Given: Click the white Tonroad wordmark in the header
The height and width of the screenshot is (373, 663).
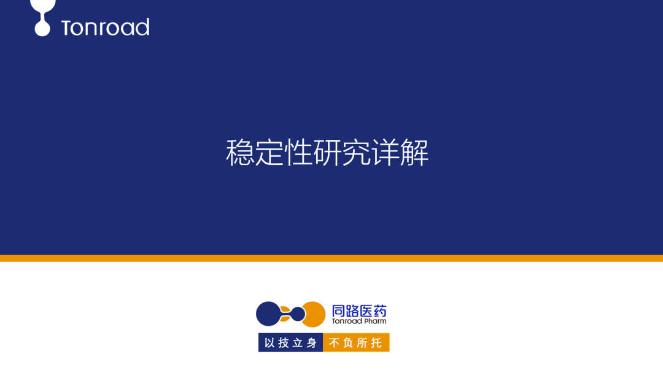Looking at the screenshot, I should (x=106, y=28).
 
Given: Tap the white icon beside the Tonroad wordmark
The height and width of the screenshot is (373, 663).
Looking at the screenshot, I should (x=42, y=17).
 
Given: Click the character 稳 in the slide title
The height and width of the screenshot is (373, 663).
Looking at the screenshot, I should (x=240, y=153).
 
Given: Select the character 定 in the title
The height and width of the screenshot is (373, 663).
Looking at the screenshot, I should (x=269, y=153).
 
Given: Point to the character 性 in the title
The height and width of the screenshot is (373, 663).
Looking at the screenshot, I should (x=298, y=153).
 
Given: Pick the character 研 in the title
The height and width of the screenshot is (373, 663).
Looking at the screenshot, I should (x=327, y=153).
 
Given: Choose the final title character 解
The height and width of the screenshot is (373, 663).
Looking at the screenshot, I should (x=414, y=153).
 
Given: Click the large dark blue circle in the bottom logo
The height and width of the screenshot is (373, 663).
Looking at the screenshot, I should (x=268, y=313).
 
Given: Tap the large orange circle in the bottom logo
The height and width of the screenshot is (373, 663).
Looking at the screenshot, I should (x=314, y=313).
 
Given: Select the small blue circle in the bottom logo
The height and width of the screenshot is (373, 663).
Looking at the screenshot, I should (x=297, y=313).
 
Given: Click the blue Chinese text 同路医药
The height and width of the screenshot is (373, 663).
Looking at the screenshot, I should (x=360, y=310).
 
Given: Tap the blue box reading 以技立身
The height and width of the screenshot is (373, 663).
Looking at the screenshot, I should (x=291, y=342).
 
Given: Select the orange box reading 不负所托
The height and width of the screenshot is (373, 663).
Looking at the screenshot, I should (x=357, y=342).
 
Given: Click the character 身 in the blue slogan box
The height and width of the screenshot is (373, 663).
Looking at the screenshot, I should (x=312, y=342).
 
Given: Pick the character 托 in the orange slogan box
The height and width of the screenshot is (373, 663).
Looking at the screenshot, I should (x=377, y=342).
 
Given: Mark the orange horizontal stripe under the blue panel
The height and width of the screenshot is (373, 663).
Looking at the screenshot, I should (x=331, y=258).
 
